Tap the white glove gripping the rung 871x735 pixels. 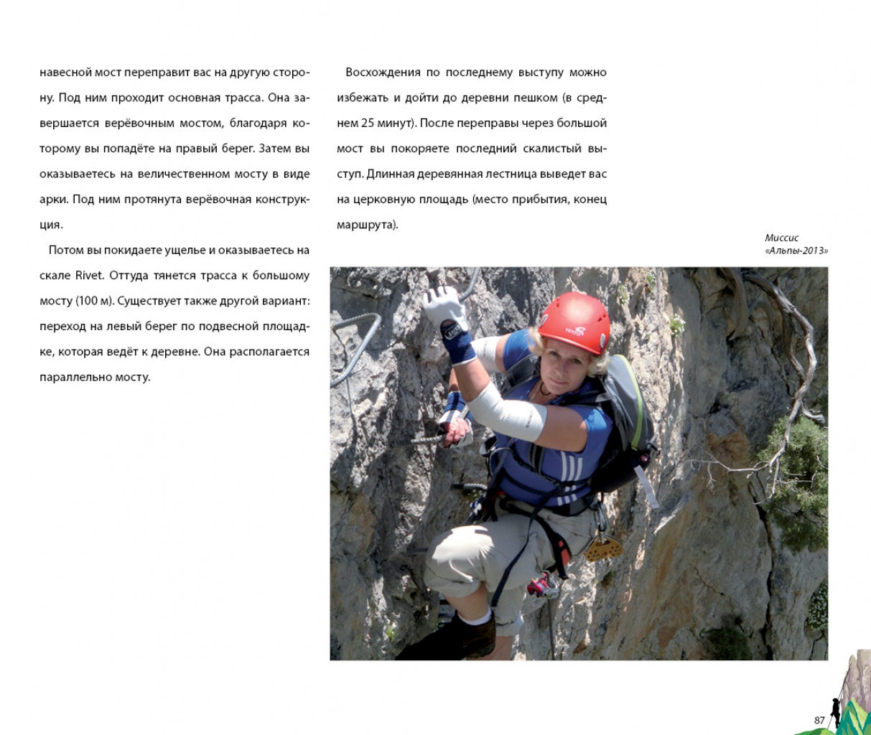[x=444, y=307]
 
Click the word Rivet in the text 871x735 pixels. [x=90, y=276]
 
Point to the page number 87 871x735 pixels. [x=819, y=720]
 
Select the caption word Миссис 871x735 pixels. [x=781, y=238]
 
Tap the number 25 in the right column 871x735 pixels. [x=368, y=123]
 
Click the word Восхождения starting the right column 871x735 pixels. [x=383, y=72]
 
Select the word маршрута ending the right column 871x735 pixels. [x=365, y=225]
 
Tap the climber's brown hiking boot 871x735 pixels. [x=467, y=636]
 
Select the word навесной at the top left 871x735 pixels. [x=66, y=72]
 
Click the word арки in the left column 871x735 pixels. [x=53, y=200]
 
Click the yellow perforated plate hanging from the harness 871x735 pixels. [x=603, y=549]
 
